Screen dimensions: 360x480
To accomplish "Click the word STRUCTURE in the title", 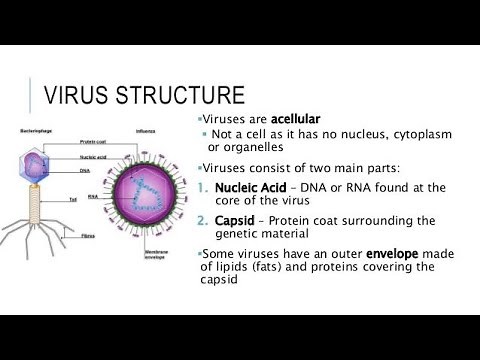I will click(x=183, y=97).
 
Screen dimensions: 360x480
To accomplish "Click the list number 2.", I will click(x=205, y=221).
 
